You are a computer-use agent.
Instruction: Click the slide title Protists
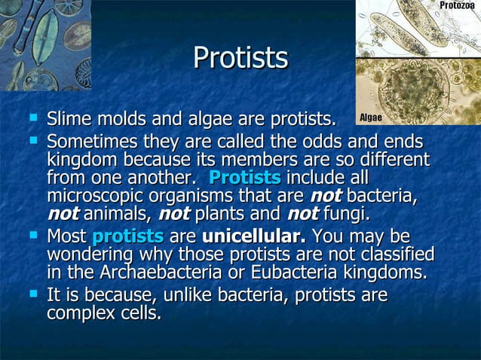[240, 57]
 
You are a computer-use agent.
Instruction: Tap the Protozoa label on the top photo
[457, 6]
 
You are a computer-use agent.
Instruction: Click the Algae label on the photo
[370, 117]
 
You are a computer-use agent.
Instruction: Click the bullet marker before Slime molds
[32, 117]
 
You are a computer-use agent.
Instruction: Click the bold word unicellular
[254, 236]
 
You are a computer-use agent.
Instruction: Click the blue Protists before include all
[244, 178]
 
